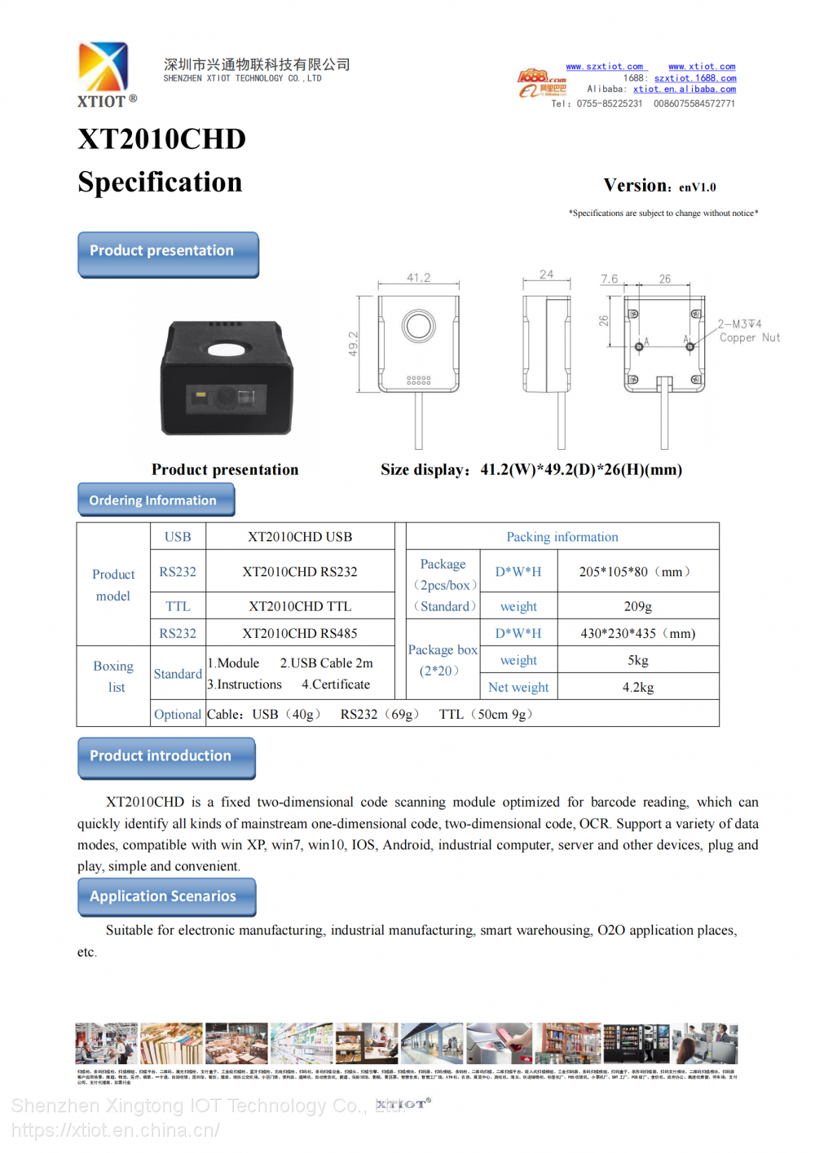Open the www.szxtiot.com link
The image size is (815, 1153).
click(x=604, y=67)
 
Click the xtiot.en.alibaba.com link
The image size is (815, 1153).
click(x=684, y=90)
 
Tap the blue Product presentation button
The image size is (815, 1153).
click(x=168, y=253)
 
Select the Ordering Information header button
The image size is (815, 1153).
click(x=156, y=499)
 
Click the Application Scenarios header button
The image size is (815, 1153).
click(x=166, y=896)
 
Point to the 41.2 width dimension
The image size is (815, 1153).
click(x=419, y=278)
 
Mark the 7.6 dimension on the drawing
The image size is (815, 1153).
click(x=609, y=279)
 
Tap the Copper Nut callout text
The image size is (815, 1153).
click(x=749, y=337)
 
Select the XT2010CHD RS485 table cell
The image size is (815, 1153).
click(x=300, y=633)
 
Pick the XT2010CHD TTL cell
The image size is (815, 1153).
click(x=300, y=606)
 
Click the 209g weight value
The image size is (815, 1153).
click(x=637, y=606)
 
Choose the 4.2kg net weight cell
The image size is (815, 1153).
click(x=637, y=687)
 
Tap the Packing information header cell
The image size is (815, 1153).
click(x=562, y=537)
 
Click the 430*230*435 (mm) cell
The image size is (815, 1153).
click(x=637, y=633)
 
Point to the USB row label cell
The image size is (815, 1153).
click(x=178, y=537)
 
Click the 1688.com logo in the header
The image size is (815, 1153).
click(x=542, y=83)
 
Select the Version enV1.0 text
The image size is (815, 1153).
click(x=659, y=186)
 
